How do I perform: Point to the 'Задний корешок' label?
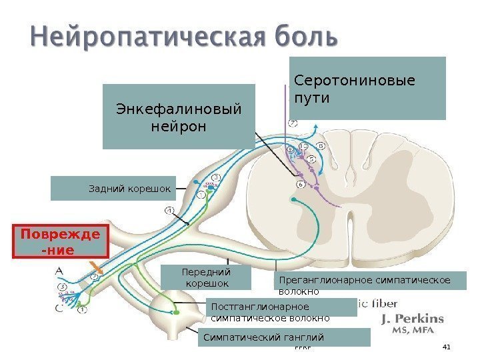pos(113,189)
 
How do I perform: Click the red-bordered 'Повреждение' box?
pos(61,242)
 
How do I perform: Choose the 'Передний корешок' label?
pos(207,277)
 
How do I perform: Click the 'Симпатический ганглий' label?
pos(284,337)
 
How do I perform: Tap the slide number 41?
pos(447,347)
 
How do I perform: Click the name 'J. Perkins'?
pos(412,319)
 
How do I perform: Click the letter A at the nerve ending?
pos(59,271)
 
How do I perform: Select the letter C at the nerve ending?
pos(59,309)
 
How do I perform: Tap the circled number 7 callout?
pos(293,123)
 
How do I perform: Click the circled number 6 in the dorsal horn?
pos(300,183)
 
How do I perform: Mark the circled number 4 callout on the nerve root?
pos(169,211)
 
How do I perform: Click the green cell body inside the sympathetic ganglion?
pos(177,311)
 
